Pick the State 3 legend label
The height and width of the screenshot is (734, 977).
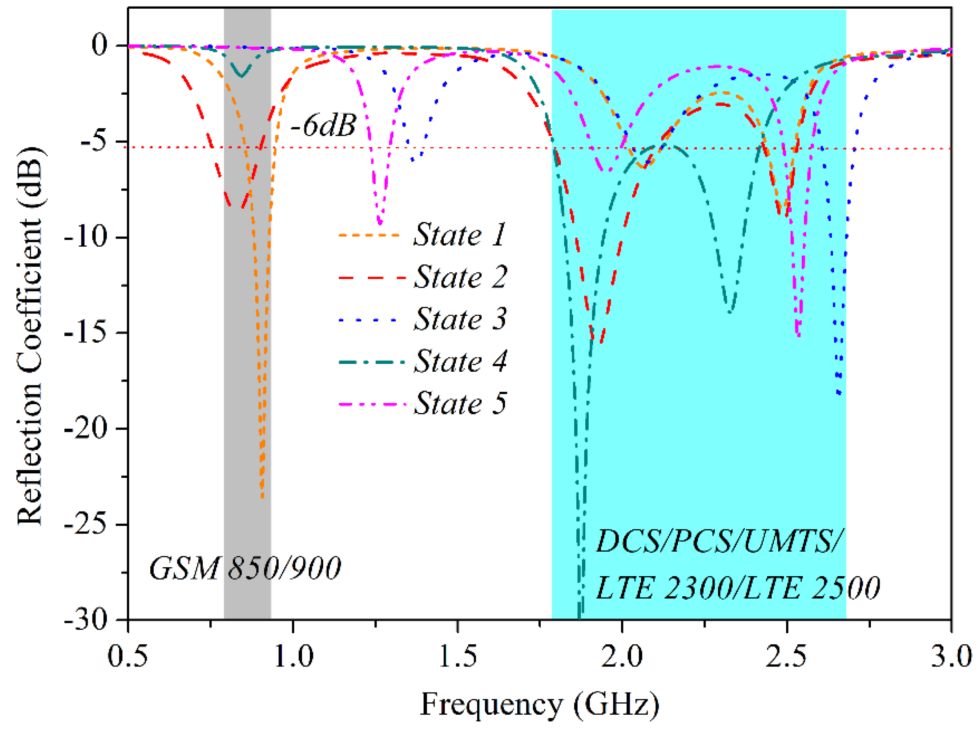click(460, 319)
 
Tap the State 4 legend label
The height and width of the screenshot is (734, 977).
click(460, 361)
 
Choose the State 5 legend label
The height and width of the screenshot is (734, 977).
click(460, 403)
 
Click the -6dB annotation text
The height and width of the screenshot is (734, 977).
click(323, 126)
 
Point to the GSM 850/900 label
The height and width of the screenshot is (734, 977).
click(245, 568)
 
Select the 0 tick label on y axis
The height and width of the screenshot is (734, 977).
click(100, 45)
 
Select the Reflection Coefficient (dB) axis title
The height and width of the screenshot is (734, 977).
click(30, 336)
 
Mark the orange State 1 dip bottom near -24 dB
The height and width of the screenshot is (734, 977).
click(262, 497)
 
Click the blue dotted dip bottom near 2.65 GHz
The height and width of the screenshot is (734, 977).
click(839, 393)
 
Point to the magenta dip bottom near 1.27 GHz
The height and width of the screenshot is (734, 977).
click(380, 223)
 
